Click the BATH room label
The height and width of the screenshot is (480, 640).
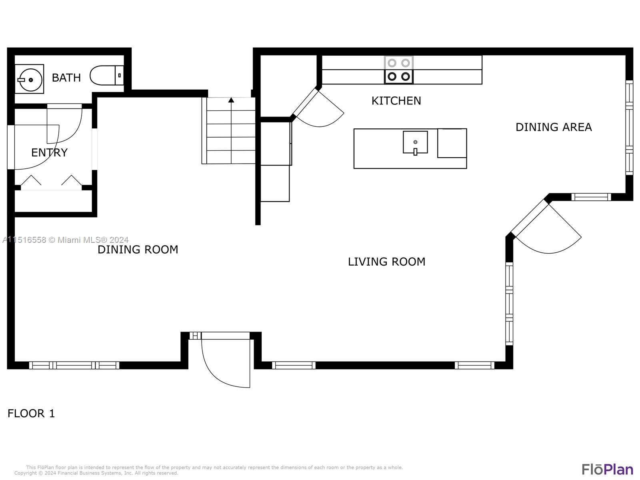[x=66, y=78]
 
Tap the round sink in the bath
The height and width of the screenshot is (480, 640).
[x=30, y=79]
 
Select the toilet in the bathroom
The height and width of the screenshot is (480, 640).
[x=106, y=75]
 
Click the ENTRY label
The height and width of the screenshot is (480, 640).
[x=49, y=152]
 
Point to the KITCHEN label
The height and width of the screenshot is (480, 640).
[x=396, y=101]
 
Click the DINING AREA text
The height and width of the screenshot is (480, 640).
[x=554, y=127]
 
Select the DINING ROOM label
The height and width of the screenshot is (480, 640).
[x=138, y=250]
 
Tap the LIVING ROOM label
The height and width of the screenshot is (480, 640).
[x=386, y=262]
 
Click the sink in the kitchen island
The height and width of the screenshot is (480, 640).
[x=415, y=142]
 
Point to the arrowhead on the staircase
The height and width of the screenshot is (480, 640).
[x=231, y=100]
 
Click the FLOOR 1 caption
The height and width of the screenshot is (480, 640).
[x=31, y=413]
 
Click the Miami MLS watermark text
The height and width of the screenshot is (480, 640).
[x=65, y=240]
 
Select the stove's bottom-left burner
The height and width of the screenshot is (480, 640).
[x=392, y=76]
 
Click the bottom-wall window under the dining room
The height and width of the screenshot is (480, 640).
[x=74, y=365]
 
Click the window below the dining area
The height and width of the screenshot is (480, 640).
[x=591, y=197]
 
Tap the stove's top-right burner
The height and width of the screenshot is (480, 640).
[x=405, y=63]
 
